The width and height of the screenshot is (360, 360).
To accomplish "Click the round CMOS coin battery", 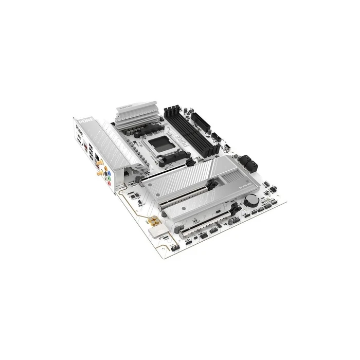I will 252,200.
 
